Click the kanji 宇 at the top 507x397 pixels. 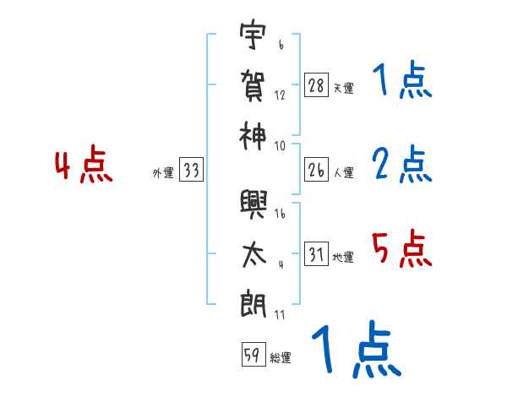(253, 38)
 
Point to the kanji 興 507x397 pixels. (253, 204)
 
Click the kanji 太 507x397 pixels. (253, 253)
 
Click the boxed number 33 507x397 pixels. (192, 171)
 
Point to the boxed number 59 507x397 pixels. (252, 356)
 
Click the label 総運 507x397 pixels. (281, 358)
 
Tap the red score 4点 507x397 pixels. (83, 166)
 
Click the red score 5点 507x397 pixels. (401, 250)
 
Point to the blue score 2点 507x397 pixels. (401, 165)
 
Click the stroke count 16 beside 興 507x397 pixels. (281, 215)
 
